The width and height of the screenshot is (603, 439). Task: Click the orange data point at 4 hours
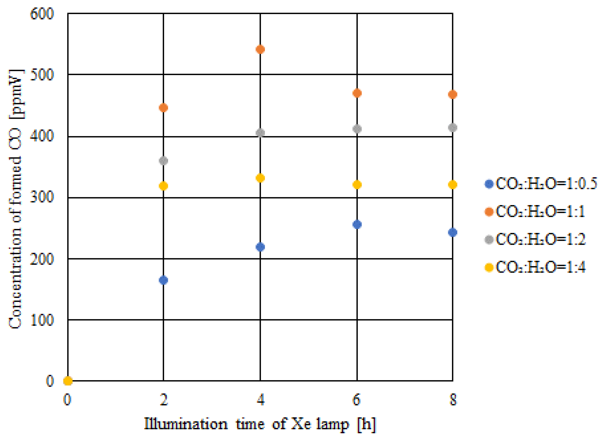260,49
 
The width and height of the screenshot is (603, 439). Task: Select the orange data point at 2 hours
163,108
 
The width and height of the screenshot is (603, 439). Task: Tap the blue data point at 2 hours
163,280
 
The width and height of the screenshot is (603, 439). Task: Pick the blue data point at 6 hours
357,224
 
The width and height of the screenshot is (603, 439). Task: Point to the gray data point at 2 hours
163,161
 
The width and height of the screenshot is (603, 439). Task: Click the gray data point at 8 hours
453,128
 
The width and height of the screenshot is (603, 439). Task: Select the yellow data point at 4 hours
260,178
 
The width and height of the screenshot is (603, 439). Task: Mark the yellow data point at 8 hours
453,184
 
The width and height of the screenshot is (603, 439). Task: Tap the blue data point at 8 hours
453,232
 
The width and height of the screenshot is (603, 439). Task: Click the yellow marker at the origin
68,381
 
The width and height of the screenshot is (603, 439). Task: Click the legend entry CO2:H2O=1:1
534,212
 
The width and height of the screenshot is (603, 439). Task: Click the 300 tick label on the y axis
42,197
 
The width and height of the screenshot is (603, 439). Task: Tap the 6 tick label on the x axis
357,400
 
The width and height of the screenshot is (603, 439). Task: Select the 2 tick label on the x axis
163,400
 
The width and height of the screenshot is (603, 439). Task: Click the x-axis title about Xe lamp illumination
260,424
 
